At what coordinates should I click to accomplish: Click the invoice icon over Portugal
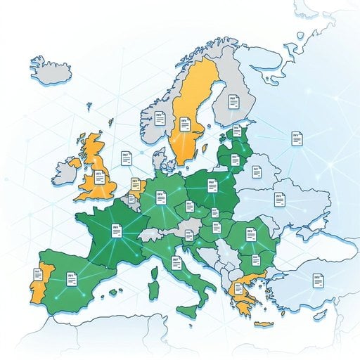click(37, 275)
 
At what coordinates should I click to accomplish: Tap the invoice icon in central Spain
click(71, 279)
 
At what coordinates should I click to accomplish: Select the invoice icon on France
click(117, 229)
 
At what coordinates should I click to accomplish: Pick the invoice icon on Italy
click(176, 264)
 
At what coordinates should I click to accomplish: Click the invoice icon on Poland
click(210, 186)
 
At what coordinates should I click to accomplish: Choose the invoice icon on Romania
click(250, 234)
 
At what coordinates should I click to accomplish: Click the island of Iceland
click(53, 68)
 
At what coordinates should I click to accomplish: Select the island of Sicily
click(187, 310)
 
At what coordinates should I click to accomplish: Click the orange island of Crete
click(264, 323)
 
